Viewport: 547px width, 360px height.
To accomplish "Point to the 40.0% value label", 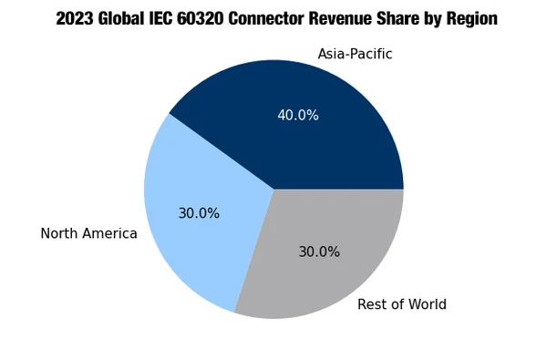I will click(x=298, y=116).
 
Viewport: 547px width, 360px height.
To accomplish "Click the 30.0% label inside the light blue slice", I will click(x=199, y=213).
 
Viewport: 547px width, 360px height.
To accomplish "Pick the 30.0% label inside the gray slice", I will click(x=319, y=252).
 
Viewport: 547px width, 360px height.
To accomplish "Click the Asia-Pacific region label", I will click(x=355, y=55).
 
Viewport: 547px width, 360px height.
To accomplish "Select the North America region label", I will click(x=88, y=234).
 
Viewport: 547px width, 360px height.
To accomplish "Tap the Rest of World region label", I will click(x=401, y=304).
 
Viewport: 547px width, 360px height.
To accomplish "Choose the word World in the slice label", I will click(x=424, y=304).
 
